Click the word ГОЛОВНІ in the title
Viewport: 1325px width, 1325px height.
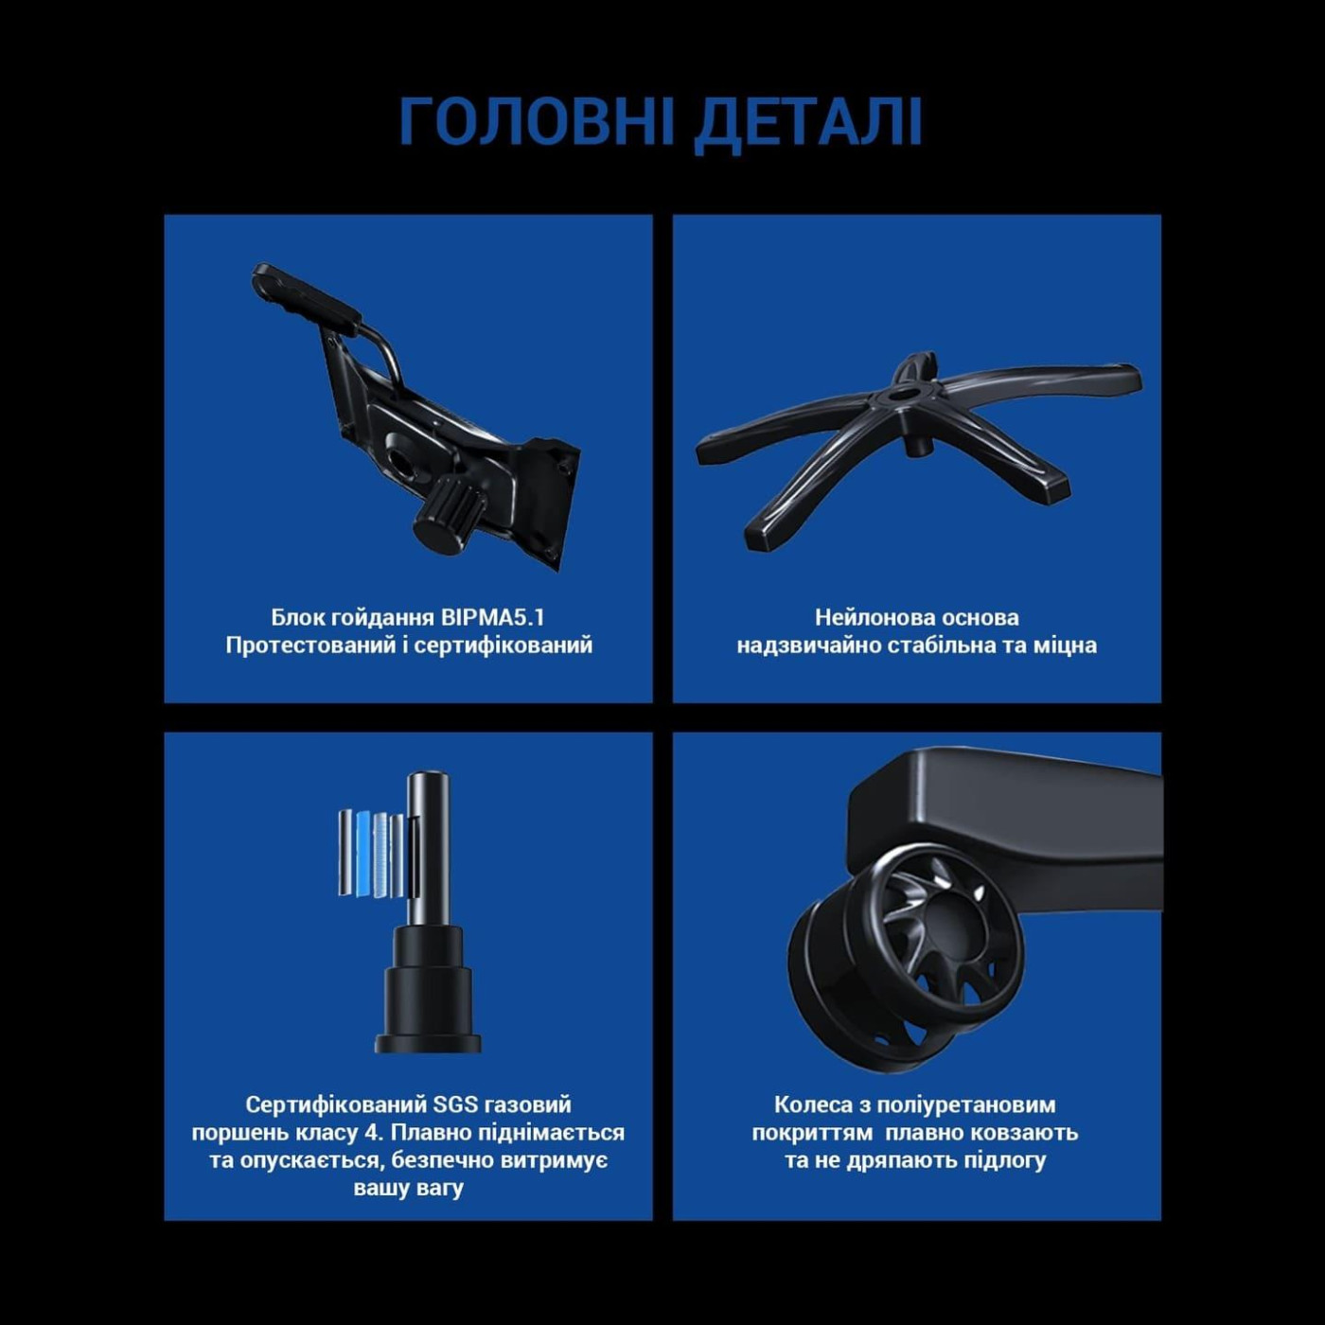pyautogui.click(x=537, y=121)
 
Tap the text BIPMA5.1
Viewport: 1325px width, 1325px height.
pyautogui.click(x=492, y=618)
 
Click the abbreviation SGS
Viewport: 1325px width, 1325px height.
pyautogui.click(x=455, y=1104)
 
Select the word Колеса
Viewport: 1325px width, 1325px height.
pyautogui.click(x=812, y=1104)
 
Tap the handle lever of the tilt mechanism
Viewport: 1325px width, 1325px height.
pyautogui.click(x=305, y=295)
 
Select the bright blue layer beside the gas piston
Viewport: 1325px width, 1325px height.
pyautogui.click(x=363, y=852)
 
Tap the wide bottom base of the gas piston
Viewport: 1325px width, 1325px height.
pyautogui.click(x=428, y=1042)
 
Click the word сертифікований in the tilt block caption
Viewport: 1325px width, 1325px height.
pyautogui.click(x=503, y=645)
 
